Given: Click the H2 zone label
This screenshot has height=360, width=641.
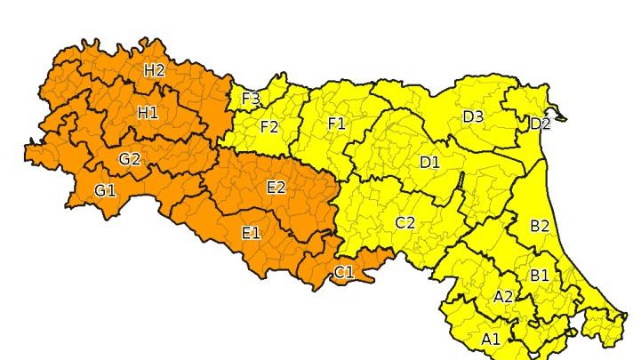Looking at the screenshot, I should click(x=155, y=70).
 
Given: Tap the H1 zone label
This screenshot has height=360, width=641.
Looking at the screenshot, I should click(x=148, y=112).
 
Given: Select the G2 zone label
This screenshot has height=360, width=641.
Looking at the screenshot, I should click(x=130, y=159).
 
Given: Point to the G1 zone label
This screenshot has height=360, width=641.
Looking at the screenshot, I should click(x=105, y=189).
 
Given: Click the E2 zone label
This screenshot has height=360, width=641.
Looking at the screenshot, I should click(x=276, y=187).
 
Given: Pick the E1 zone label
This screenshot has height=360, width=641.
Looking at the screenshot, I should click(x=251, y=233).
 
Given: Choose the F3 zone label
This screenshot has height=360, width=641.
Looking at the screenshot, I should click(x=251, y=98).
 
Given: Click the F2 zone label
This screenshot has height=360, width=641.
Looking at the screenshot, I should click(x=269, y=127).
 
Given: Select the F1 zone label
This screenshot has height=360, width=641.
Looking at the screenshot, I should click(x=336, y=124).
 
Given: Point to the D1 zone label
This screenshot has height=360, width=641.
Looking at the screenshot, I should click(x=429, y=162).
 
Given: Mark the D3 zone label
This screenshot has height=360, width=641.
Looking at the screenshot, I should click(x=473, y=116).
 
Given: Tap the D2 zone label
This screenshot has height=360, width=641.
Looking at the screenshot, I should click(x=540, y=124).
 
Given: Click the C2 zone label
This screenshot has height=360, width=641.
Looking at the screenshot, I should click(x=405, y=222).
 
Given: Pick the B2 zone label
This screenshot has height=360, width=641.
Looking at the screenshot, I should click(x=540, y=226).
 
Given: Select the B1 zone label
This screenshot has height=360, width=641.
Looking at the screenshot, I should click(x=540, y=276).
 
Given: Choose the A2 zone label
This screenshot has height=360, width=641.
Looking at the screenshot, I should click(x=503, y=297).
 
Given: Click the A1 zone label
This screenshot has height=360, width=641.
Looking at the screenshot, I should click(x=491, y=339).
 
